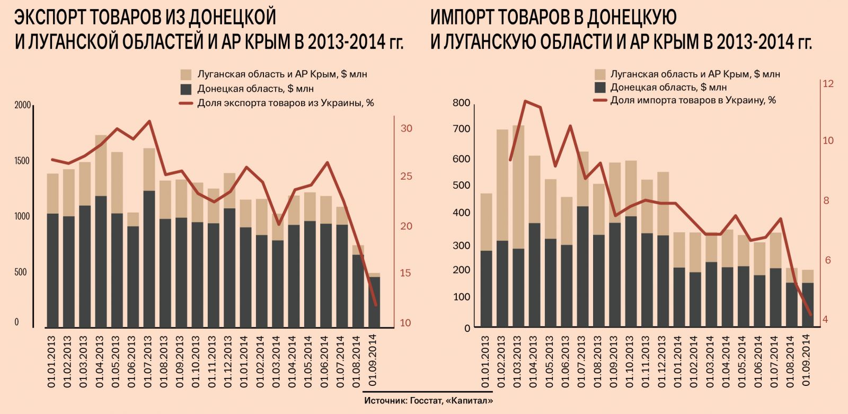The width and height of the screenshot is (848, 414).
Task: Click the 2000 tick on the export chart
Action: click(22, 105)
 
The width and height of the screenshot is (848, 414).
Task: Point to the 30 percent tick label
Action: click(406, 129)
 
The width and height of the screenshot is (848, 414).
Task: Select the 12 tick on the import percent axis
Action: click(827, 84)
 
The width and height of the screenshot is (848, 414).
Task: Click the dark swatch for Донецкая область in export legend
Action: click(186, 89)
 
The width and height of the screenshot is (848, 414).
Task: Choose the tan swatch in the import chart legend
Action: click(599, 74)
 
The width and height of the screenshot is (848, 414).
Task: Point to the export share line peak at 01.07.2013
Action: click(149, 121)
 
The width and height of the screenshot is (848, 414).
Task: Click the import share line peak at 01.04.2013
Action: click(525, 101)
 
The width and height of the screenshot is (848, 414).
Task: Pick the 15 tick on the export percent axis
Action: click(405, 274)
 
